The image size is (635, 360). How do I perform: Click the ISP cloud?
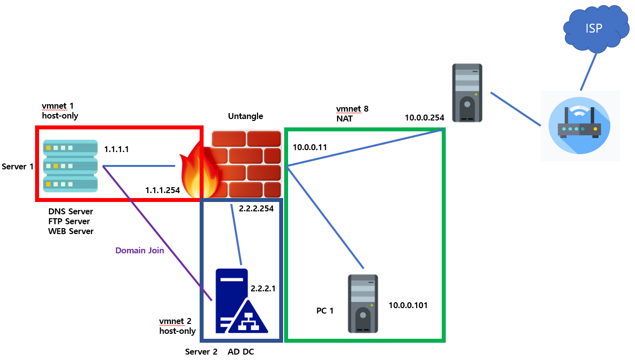(593, 29)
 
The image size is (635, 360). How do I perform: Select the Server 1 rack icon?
(70, 165)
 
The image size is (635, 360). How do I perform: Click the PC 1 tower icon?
(363, 303)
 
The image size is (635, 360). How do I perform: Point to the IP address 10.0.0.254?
(424, 118)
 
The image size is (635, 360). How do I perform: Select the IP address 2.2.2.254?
(255, 208)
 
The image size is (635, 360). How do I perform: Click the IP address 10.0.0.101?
(408, 305)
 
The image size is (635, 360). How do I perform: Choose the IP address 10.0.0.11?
(309, 147)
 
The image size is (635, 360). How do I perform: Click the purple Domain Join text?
(139, 250)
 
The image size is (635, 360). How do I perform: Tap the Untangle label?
(245, 116)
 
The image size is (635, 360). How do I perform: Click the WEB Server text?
(71, 231)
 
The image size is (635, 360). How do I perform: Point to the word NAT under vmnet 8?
(344, 119)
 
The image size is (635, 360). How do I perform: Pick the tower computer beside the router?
(466, 93)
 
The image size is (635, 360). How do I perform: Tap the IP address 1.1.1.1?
(116, 149)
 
